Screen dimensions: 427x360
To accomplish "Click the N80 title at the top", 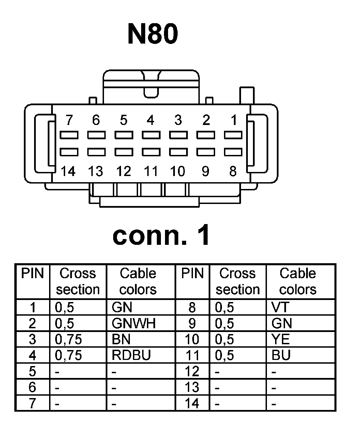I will point(152,34).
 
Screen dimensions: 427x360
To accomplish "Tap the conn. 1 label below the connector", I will point(161,236).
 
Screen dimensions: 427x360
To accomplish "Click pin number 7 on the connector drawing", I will point(69,120).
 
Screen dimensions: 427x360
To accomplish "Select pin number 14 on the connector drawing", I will point(68,171).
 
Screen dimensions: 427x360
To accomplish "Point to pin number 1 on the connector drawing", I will point(234,120).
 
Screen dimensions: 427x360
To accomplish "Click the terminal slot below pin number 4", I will point(151,135).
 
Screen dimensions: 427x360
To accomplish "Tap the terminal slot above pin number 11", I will point(151,152).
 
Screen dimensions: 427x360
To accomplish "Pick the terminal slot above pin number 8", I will point(233,152).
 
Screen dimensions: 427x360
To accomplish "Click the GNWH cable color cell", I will point(134,323).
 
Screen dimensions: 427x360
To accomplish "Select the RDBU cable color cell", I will point(131,355).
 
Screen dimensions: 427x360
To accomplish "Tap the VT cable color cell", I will point(280,307).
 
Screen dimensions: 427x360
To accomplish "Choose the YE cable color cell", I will point(281,339).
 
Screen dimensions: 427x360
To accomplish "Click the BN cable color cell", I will point(121,339).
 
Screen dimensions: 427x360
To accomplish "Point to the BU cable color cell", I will point(281,355).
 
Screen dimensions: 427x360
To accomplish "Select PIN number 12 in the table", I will point(192,371).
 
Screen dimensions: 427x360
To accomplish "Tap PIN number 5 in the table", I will point(32,371).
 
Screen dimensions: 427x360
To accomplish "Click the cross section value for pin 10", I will point(225,339).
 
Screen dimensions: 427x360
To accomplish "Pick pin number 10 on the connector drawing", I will point(178,171).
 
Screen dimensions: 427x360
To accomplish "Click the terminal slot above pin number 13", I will point(96,152).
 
